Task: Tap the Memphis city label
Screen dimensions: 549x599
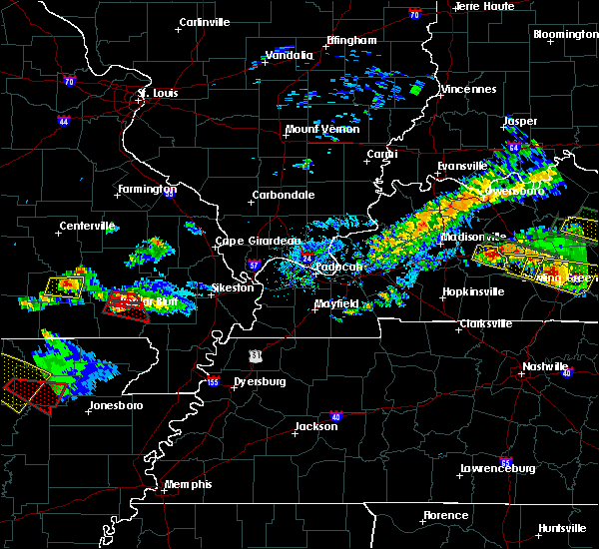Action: coord(189,484)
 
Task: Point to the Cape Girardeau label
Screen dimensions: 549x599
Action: coord(259,241)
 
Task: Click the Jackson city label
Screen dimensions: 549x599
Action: coord(315,427)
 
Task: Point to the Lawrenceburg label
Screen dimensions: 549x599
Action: coord(497,468)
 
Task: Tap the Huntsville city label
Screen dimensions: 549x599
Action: coord(562,527)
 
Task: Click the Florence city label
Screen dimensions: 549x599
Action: coord(444,515)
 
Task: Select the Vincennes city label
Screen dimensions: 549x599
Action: coord(469,89)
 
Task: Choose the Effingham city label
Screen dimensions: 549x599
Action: coord(351,41)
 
